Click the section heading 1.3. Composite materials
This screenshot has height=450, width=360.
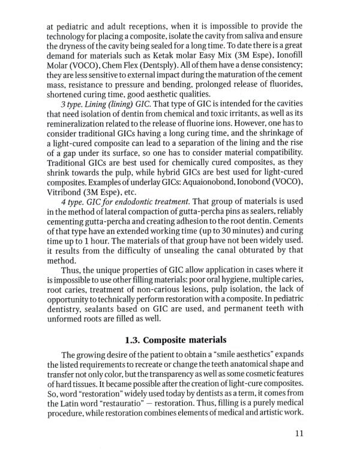[179, 340]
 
